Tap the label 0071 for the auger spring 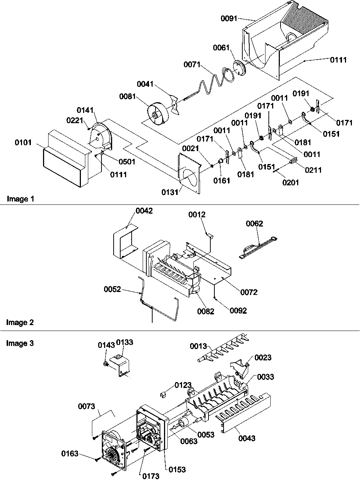pos(192,65)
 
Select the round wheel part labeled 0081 pos(158,113)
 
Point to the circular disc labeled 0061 pos(239,68)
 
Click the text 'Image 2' pos(20,323)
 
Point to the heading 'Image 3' pos(20,343)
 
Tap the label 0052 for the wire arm pos(112,289)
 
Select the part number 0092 pos(238,311)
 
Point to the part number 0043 pos(247,438)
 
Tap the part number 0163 pos(70,453)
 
